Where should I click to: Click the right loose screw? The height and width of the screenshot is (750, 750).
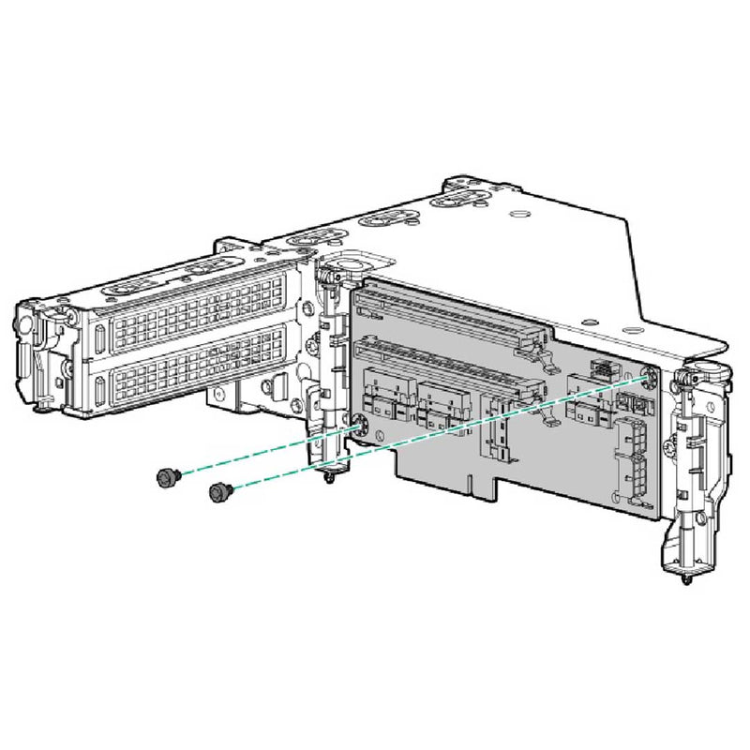218,489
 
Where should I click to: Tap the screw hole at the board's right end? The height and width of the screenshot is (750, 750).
651,377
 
